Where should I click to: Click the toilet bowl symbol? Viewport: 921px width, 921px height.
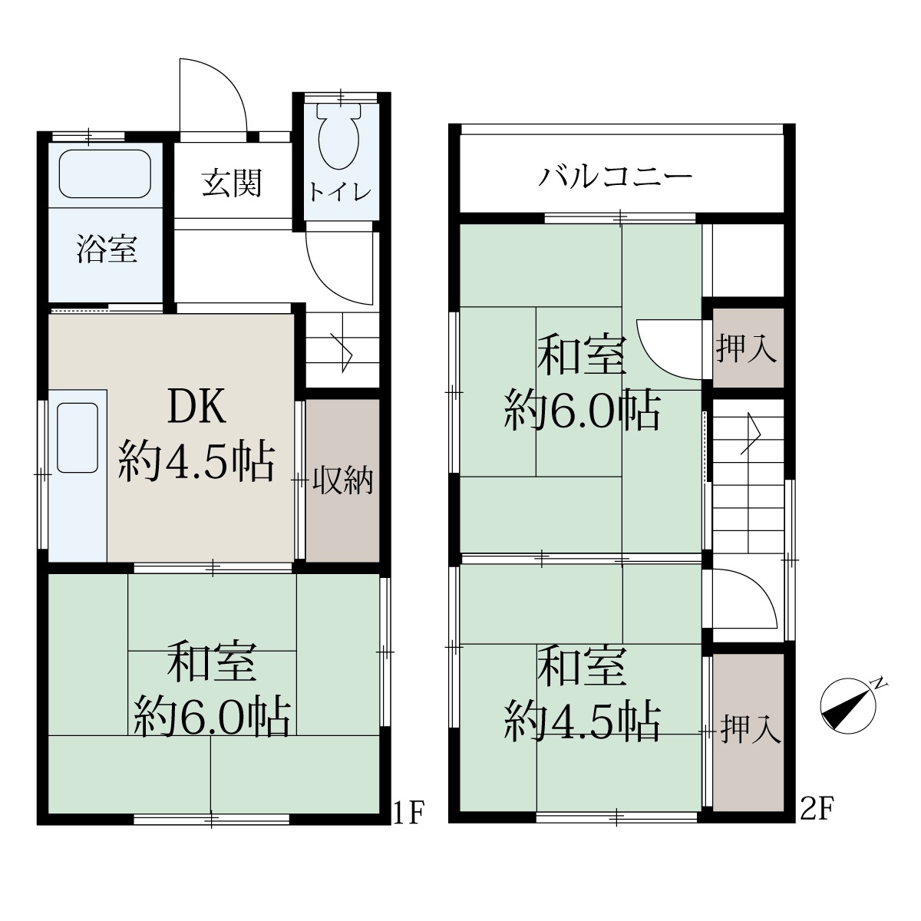click(x=340, y=135)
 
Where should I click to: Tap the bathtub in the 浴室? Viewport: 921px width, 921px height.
click(x=104, y=174)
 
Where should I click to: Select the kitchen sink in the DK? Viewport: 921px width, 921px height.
click(x=78, y=437)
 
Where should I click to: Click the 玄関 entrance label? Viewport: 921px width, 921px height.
click(x=232, y=183)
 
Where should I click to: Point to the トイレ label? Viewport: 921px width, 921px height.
click(x=340, y=192)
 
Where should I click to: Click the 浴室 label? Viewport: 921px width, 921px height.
click(x=107, y=249)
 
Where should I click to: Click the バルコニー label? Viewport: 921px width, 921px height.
click(x=616, y=177)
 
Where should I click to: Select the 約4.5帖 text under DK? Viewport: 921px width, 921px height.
click(x=196, y=462)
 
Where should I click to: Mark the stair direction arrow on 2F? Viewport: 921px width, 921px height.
click(x=751, y=434)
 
